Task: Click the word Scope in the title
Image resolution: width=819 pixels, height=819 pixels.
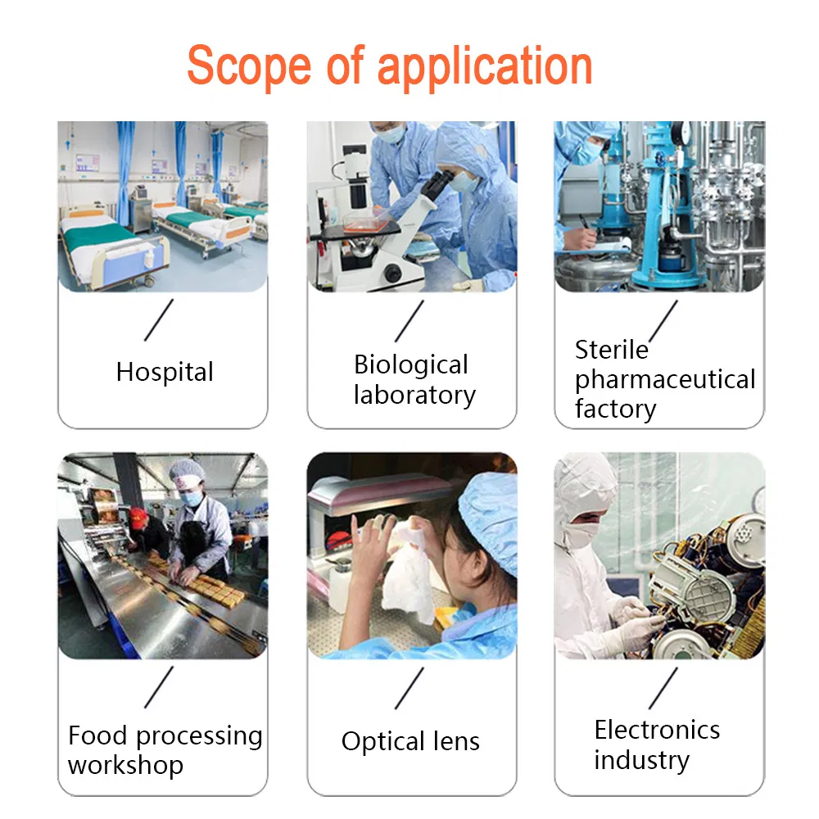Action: pyautogui.click(x=249, y=66)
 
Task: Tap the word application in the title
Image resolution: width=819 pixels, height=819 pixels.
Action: pyautogui.click(x=485, y=67)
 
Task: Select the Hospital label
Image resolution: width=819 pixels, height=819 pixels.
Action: pyautogui.click(x=165, y=373)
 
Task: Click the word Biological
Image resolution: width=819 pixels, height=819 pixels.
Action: pyautogui.click(x=410, y=365)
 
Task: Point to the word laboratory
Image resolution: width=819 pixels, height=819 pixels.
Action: pyautogui.click(x=414, y=396)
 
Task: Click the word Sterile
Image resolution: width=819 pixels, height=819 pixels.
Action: pyautogui.click(x=611, y=350)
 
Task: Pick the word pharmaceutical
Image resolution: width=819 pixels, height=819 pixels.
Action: pyautogui.click(x=665, y=380)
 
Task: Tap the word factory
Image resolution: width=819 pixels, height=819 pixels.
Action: pyautogui.click(x=615, y=409)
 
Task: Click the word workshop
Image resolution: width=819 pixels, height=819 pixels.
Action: pyautogui.click(x=125, y=766)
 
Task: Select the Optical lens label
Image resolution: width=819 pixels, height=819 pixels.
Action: pyautogui.click(x=410, y=742)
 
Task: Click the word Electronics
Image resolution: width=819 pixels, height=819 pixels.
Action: pyautogui.click(x=657, y=730)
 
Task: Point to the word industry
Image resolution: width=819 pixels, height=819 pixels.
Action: pyautogui.click(x=641, y=760)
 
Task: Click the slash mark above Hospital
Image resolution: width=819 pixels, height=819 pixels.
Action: pyautogui.click(x=159, y=320)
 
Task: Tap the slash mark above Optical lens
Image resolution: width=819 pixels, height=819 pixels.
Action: pyautogui.click(x=409, y=688)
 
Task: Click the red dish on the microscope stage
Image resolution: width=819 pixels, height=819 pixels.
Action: pyautogui.click(x=366, y=226)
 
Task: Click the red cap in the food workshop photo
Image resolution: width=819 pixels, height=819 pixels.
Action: pyautogui.click(x=138, y=516)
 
